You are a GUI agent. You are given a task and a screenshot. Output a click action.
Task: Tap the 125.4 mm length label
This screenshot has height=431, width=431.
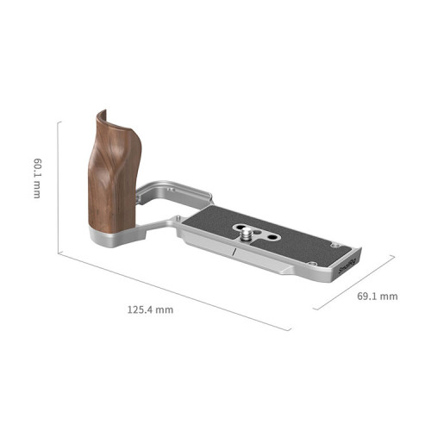pyautogui.click(x=147, y=308)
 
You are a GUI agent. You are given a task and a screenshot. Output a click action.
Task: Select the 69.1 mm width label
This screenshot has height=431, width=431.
pyautogui.click(x=377, y=297)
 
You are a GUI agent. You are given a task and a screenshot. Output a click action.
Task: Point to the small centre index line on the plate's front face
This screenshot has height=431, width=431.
pyautogui.click(x=234, y=252)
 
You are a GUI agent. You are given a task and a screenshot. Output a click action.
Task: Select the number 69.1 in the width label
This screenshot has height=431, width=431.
pyautogui.click(x=369, y=297)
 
